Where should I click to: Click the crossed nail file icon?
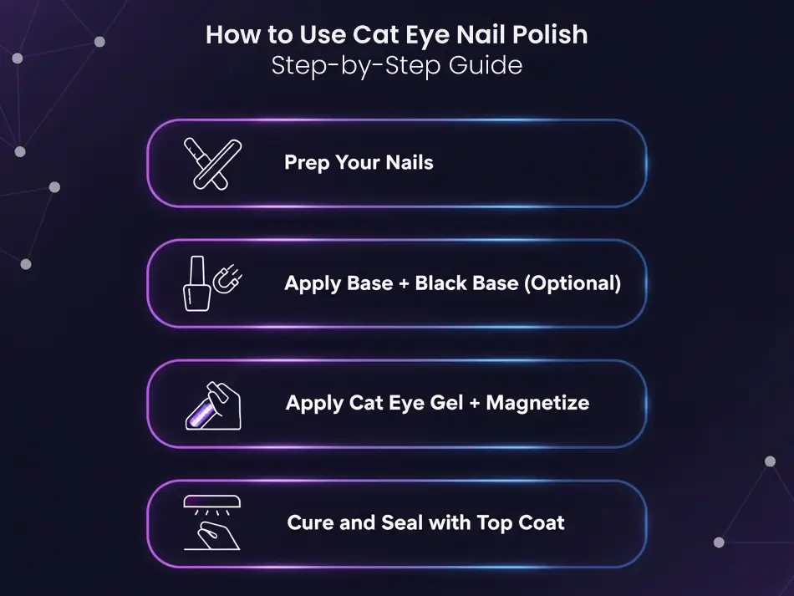(212, 164)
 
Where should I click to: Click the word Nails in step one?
(410, 162)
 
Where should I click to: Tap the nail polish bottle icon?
(197, 283)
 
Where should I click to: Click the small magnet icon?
(227, 278)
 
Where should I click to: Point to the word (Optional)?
(573, 283)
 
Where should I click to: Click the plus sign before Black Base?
(404, 283)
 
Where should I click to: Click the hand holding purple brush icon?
(213, 405)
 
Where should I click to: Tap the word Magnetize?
(537, 403)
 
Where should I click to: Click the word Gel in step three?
(446, 403)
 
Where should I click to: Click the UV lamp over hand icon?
(212, 522)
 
